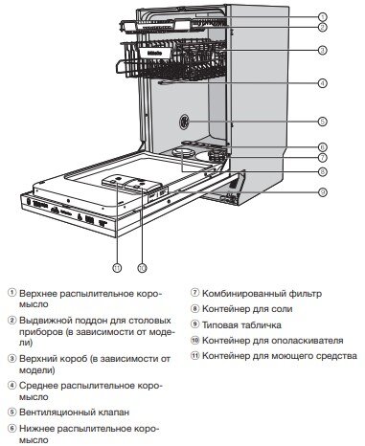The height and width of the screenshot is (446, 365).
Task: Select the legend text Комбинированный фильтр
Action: tap(253, 293)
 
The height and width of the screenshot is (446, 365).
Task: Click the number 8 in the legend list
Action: tap(195, 309)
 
